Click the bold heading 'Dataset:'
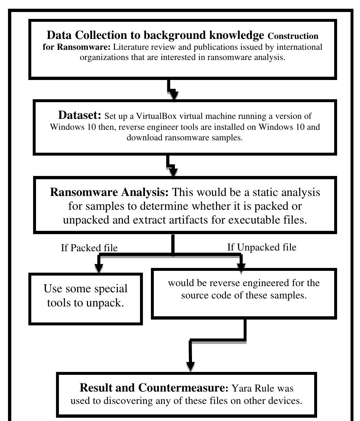(80, 115)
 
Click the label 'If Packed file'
(89, 248)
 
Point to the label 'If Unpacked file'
(261, 247)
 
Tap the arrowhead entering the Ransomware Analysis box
(173, 172)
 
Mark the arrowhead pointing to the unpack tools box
(99, 267)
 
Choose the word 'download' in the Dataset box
(143, 138)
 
